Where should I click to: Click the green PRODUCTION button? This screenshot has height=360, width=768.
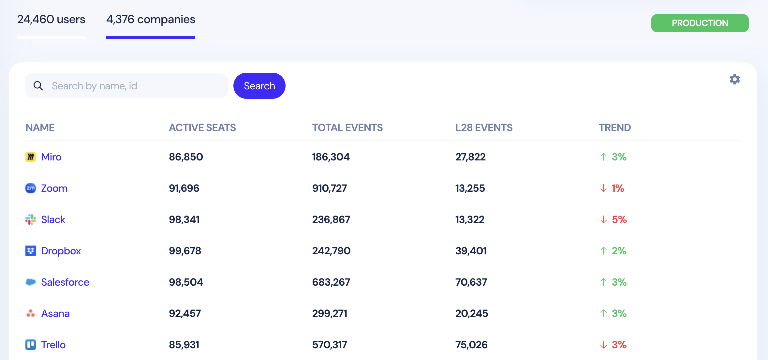click(x=700, y=23)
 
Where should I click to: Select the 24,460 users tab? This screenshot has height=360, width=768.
click(x=51, y=20)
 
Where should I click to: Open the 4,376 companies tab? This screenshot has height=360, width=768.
click(x=151, y=20)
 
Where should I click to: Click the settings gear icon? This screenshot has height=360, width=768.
click(x=734, y=79)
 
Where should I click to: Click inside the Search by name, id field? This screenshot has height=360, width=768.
click(x=137, y=86)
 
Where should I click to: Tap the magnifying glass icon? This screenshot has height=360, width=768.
click(x=38, y=86)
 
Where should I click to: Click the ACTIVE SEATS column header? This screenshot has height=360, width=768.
click(x=202, y=127)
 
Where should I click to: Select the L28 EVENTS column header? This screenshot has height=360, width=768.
click(x=484, y=127)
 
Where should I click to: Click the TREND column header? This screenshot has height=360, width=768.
click(x=614, y=127)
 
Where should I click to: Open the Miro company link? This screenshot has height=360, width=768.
click(x=51, y=157)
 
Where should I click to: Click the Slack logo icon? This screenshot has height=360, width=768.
click(x=31, y=219)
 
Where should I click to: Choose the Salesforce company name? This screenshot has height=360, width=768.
click(x=65, y=282)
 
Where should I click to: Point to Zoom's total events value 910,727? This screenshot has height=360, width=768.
click(x=329, y=188)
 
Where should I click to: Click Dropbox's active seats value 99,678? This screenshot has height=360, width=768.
click(x=185, y=251)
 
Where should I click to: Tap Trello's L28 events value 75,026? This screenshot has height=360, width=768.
click(x=471, y=345)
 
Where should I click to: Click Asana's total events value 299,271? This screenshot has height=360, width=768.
click(x=330, y=313)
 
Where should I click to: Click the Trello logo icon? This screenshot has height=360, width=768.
click(x=31, y=345)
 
